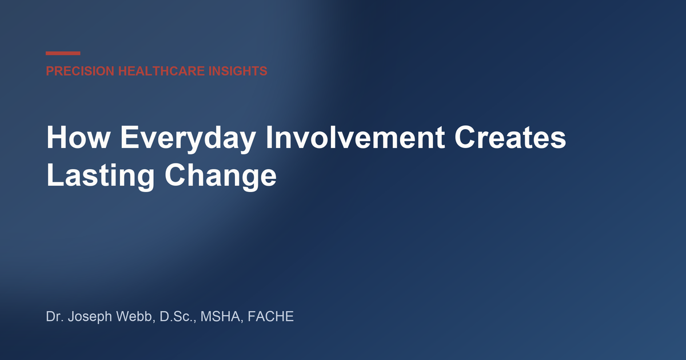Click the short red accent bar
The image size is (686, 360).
pyautogui.click(x=63, y=53)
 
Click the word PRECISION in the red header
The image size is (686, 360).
pyautogui.click(x=80, y=71)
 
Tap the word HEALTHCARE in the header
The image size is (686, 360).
pyautogui.click(x=161, y=71)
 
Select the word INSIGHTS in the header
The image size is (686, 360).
pyautogui.click(x=238, y=71)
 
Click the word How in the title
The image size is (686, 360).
pyautogui.click(x=78, y=137)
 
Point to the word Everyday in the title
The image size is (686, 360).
pyautogui.click(x=188, y=139)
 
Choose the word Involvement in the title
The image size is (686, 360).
pyautogui.click(x=355, y=137)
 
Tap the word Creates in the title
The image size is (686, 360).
pyautogui.click(x=510, y=138)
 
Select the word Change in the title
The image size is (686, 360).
pyautogui.click(x=221, y=177)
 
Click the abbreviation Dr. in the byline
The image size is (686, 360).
pyautogui.click(x=55, y=317)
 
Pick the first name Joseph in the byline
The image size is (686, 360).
pyautogui.click(x=90, y=318)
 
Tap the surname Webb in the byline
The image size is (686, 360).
pyautogui.click(x=134, y=317)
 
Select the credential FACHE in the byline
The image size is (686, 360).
pyautogui.click(x=271, y=317)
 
